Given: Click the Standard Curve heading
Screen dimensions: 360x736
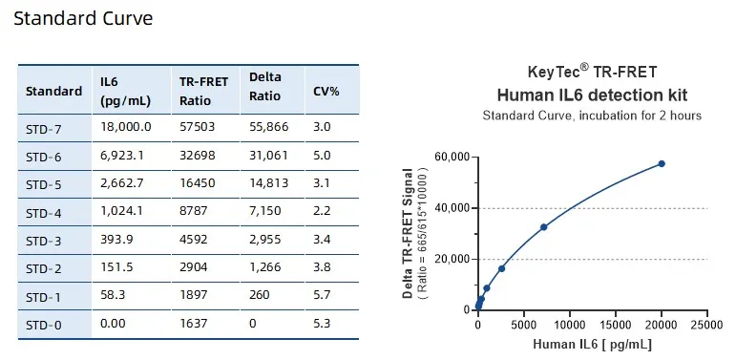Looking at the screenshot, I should pyautogui.click(x=83, y=18).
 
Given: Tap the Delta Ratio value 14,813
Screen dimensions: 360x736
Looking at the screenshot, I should pyautogui.click(x=271, y=183).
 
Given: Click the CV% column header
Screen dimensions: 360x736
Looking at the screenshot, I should pyautogui.click(x=326, y=91).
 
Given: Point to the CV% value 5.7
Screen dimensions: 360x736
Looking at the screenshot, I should pyautogui.click(x=322, y=296).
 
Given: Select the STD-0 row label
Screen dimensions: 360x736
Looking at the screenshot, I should pyautogui.click(x=43, y=325).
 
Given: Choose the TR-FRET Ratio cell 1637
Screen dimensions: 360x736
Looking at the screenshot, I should pyautogui.click(x=195, y=325).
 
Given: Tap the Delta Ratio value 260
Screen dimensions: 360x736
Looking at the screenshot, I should pyautogui.click(x=261, y=296).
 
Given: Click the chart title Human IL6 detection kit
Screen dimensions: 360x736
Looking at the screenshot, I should pyautogui.click(x=592, y=95).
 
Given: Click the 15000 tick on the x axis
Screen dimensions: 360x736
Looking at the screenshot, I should pyautogui.click(x=616, y=326).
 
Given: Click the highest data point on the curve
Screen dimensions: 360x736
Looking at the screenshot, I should pyautogui.click(x=661, y=164).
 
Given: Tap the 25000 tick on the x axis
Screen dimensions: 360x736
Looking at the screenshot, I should pyautogui.click(x=707, y=326).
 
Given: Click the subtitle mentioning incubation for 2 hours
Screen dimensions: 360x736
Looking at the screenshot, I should pyautogui.click(x=592, y=116).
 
